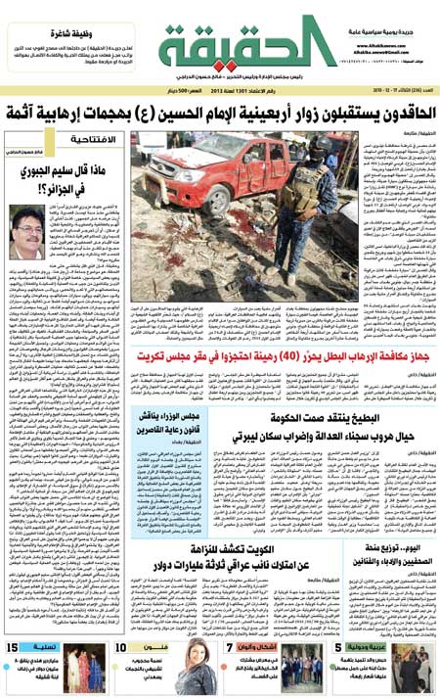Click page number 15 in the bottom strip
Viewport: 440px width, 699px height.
[x=17, y=647]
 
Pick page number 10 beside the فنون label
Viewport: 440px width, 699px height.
[x=119, y=647]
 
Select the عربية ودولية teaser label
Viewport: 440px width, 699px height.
[x=376, y=647]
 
